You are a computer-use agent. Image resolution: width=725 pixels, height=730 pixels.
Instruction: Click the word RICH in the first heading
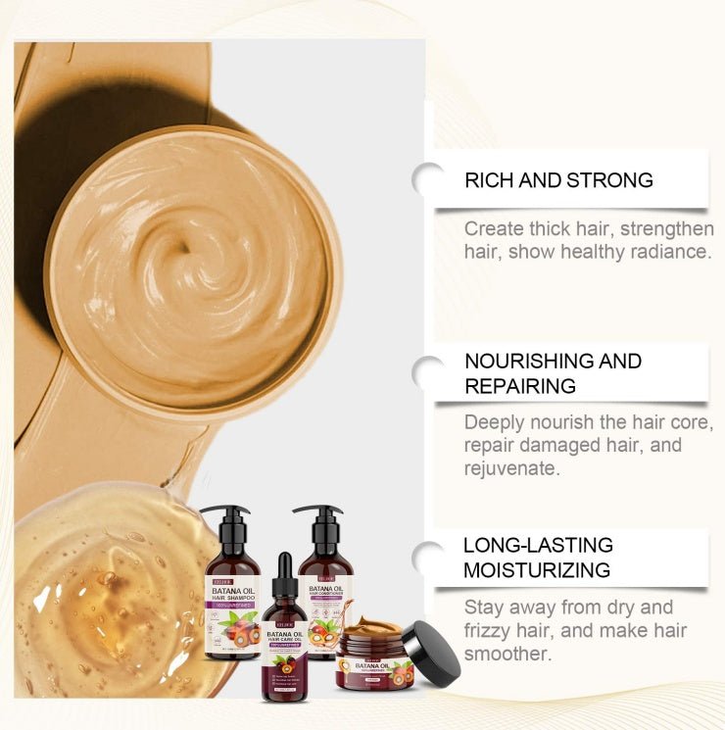tap(487, 180)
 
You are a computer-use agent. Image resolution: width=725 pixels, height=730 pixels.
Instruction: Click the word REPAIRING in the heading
tap(520, 386)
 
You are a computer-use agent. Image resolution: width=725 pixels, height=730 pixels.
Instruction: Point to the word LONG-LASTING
tap(538, 545)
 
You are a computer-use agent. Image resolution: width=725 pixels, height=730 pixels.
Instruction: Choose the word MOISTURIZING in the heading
tap(537, 570)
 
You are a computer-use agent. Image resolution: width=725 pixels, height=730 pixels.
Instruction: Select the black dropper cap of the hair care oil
tap(285, 579)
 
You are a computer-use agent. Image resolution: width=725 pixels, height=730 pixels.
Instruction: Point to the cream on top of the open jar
tap(371, 626)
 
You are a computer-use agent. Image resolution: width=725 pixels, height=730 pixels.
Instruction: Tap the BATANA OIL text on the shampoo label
tap(230, 592)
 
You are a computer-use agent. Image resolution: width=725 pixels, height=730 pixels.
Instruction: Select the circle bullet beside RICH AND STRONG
tap(428, 179)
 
